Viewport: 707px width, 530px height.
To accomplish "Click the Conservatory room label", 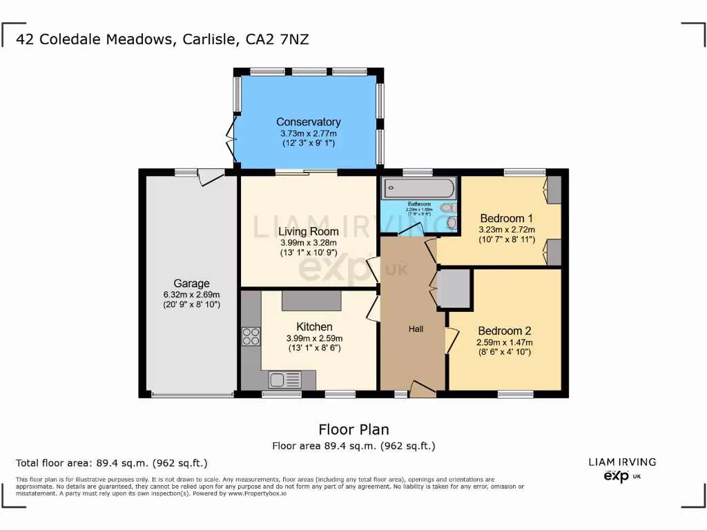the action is [x=309, y=122].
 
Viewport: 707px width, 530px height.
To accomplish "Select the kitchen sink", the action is [x=284, y=380].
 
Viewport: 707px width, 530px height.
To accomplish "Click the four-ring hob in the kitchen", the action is [x=251, y=336].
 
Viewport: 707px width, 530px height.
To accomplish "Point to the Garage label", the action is [x=191, y=284].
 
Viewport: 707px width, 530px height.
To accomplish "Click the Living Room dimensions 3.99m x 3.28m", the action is [x=309, y=242].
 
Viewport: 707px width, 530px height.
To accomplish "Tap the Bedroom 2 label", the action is [x=504, y=331].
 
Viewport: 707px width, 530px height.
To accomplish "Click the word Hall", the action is [x=416, y=329].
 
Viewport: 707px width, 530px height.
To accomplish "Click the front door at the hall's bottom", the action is [x=423, y=389].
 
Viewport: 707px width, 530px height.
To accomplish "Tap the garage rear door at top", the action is [x=211, y=177].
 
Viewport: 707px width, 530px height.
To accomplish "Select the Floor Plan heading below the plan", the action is [x=353, y=430].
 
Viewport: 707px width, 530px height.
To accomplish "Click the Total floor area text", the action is [x=111, y=463].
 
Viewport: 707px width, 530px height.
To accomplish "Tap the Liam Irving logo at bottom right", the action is [x=622, y=469].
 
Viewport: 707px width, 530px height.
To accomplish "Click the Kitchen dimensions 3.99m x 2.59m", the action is [x=314, y=338].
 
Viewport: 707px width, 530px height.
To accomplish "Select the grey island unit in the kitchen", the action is [x=311, y=300].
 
